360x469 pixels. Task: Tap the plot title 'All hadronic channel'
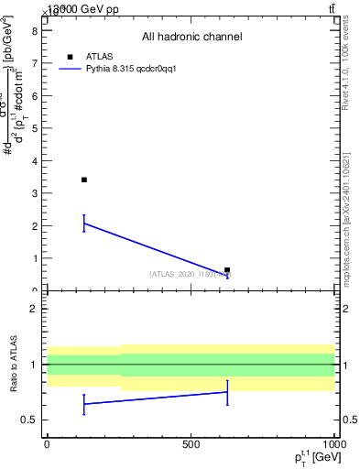[x=191, y=38]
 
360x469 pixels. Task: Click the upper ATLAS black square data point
[x=84, y=180]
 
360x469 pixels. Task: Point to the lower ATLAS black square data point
[x=227, y=270]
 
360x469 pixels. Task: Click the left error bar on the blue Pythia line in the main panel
[x=84, y=223]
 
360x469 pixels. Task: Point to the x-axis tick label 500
[x=191, y=444]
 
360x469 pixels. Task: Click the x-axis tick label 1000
[x=333, y=444]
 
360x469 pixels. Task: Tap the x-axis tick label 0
[x=47, y=444]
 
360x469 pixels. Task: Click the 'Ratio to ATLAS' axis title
[x=14, y=364]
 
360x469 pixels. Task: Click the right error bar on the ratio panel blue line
[x=227, y=392]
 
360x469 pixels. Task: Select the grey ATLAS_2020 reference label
[x=190, y=274]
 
